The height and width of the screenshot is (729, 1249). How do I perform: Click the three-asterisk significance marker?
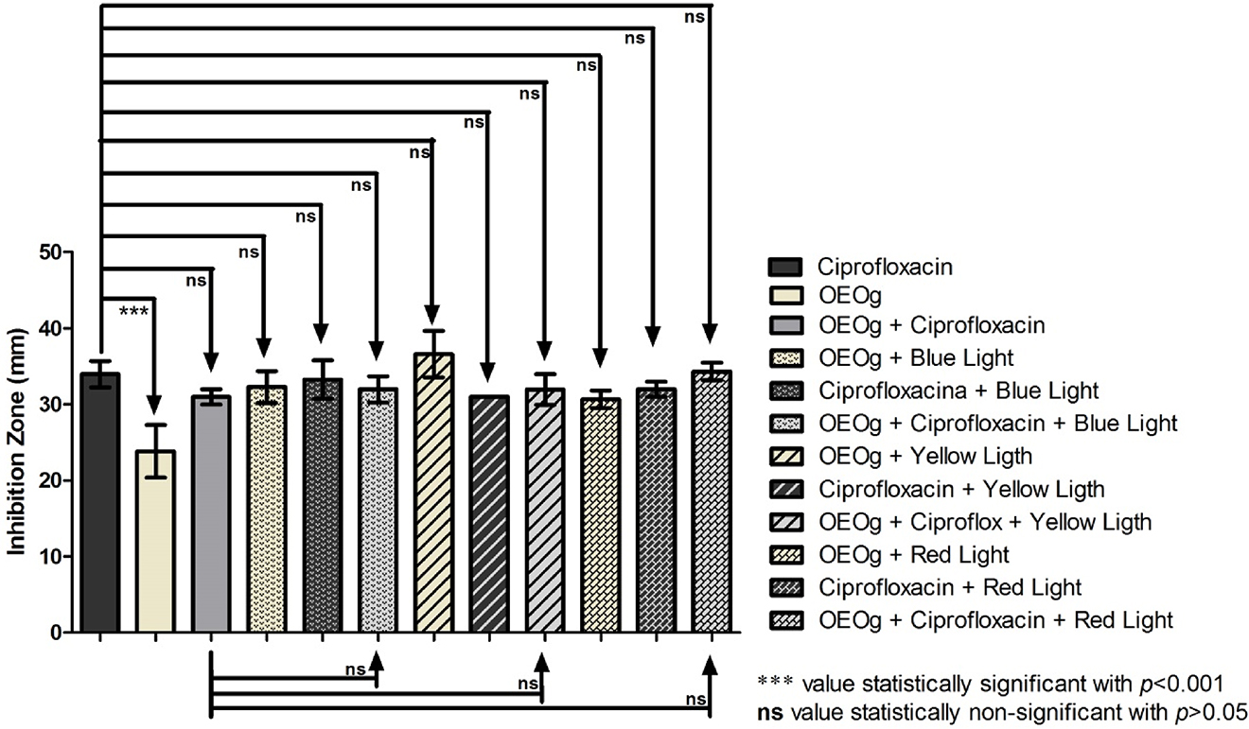click(x=134, y=310)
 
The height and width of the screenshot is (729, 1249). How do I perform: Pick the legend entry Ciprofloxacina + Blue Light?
click(x=959, y=391)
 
